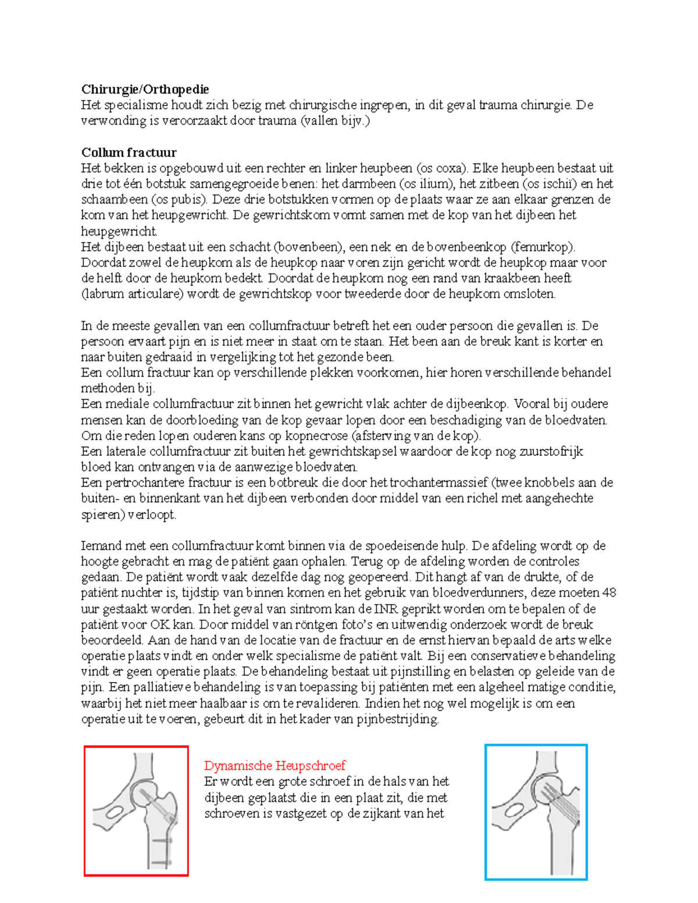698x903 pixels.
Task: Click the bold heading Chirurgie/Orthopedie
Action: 145,89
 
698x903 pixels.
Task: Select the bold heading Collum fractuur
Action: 129,152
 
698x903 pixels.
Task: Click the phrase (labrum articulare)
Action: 133,294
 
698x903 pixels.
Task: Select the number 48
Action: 609,593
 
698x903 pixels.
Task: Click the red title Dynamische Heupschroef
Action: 275,765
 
